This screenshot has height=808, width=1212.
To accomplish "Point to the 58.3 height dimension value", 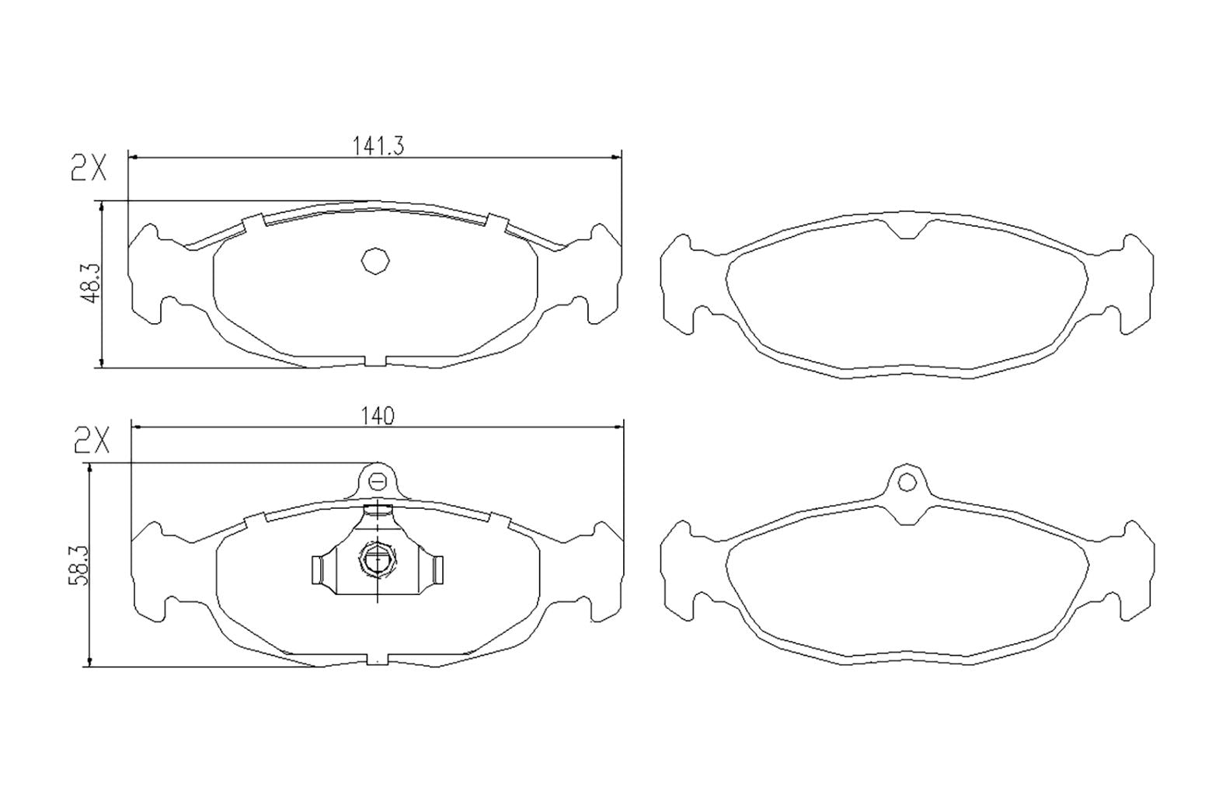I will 80,563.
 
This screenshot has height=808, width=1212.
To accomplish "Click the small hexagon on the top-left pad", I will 375,260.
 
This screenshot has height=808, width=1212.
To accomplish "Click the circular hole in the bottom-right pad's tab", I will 907,482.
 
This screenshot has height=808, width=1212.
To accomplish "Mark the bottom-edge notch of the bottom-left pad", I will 376,660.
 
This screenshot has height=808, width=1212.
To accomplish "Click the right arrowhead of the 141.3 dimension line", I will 618,158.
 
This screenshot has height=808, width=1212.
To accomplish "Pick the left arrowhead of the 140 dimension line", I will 137,426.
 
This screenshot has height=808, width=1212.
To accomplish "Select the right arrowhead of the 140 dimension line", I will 619,426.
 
